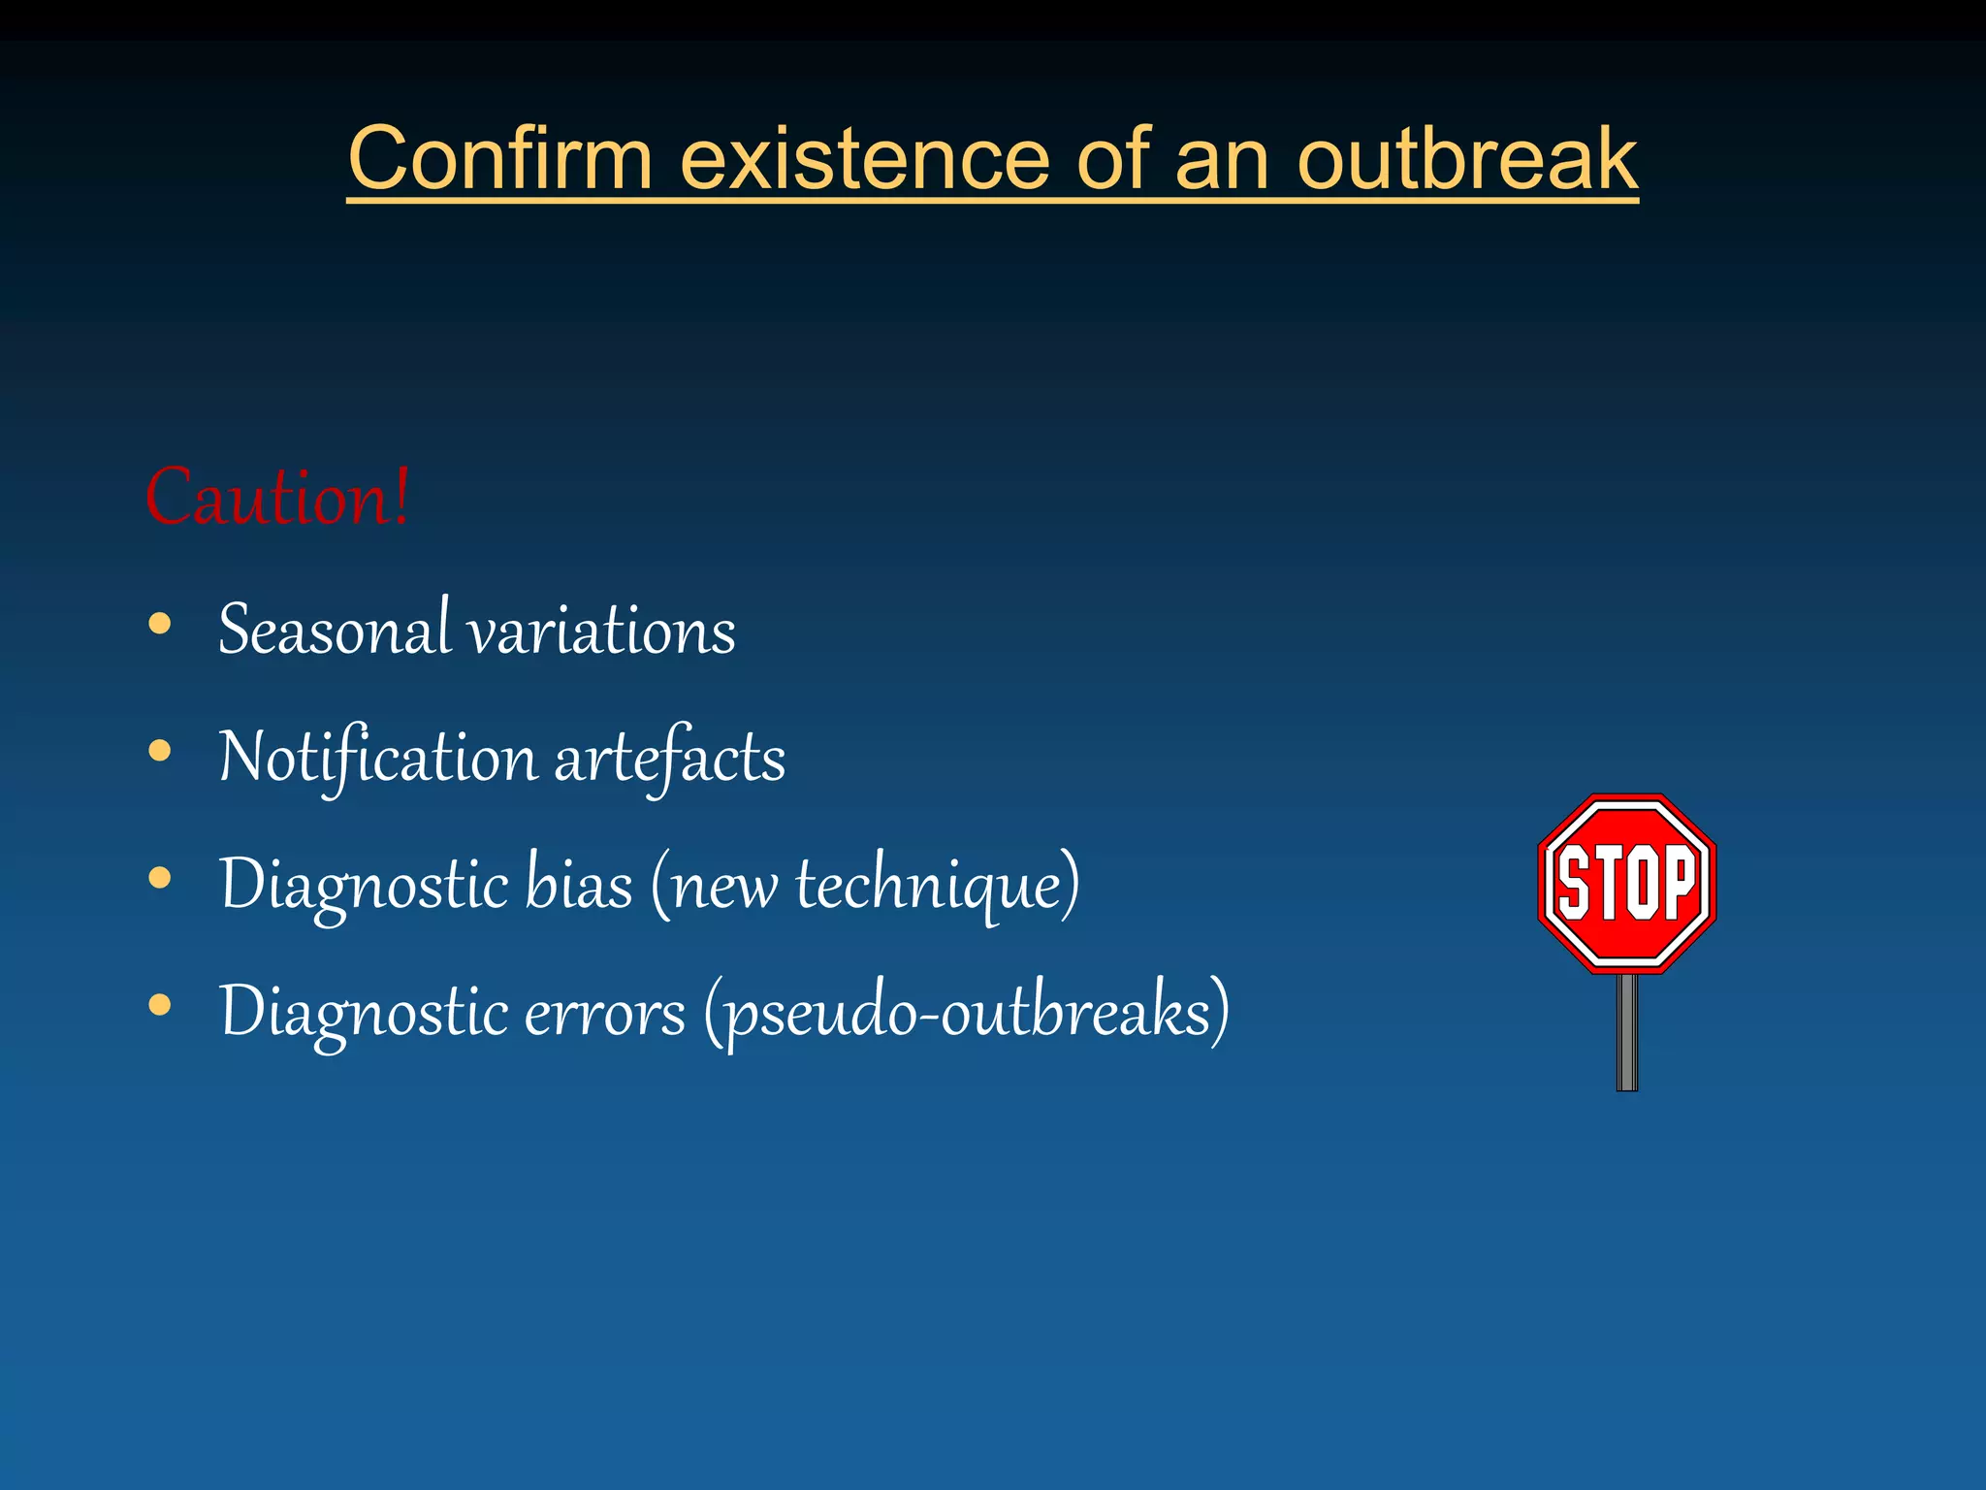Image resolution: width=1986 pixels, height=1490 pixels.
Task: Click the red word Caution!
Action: (277, 498)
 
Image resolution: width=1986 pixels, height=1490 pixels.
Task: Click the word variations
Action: (602, 631)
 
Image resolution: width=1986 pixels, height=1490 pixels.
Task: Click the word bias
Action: (578, 885)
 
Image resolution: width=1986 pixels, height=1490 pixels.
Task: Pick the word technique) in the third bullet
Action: (938, 885)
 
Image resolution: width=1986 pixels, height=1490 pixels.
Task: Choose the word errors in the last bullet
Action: (604, 1013)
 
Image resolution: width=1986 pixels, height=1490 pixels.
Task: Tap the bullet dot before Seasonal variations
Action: (160, 624)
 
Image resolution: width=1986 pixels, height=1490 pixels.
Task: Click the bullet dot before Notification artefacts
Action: (160, 751)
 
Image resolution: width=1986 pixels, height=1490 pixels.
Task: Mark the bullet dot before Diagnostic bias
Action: (160, 878)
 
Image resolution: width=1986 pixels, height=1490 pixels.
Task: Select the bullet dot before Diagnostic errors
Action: (160, 1006)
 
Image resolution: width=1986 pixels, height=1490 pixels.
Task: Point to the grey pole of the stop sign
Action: (1627, 1033)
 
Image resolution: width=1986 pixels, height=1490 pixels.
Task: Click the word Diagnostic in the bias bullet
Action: (364, 885)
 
